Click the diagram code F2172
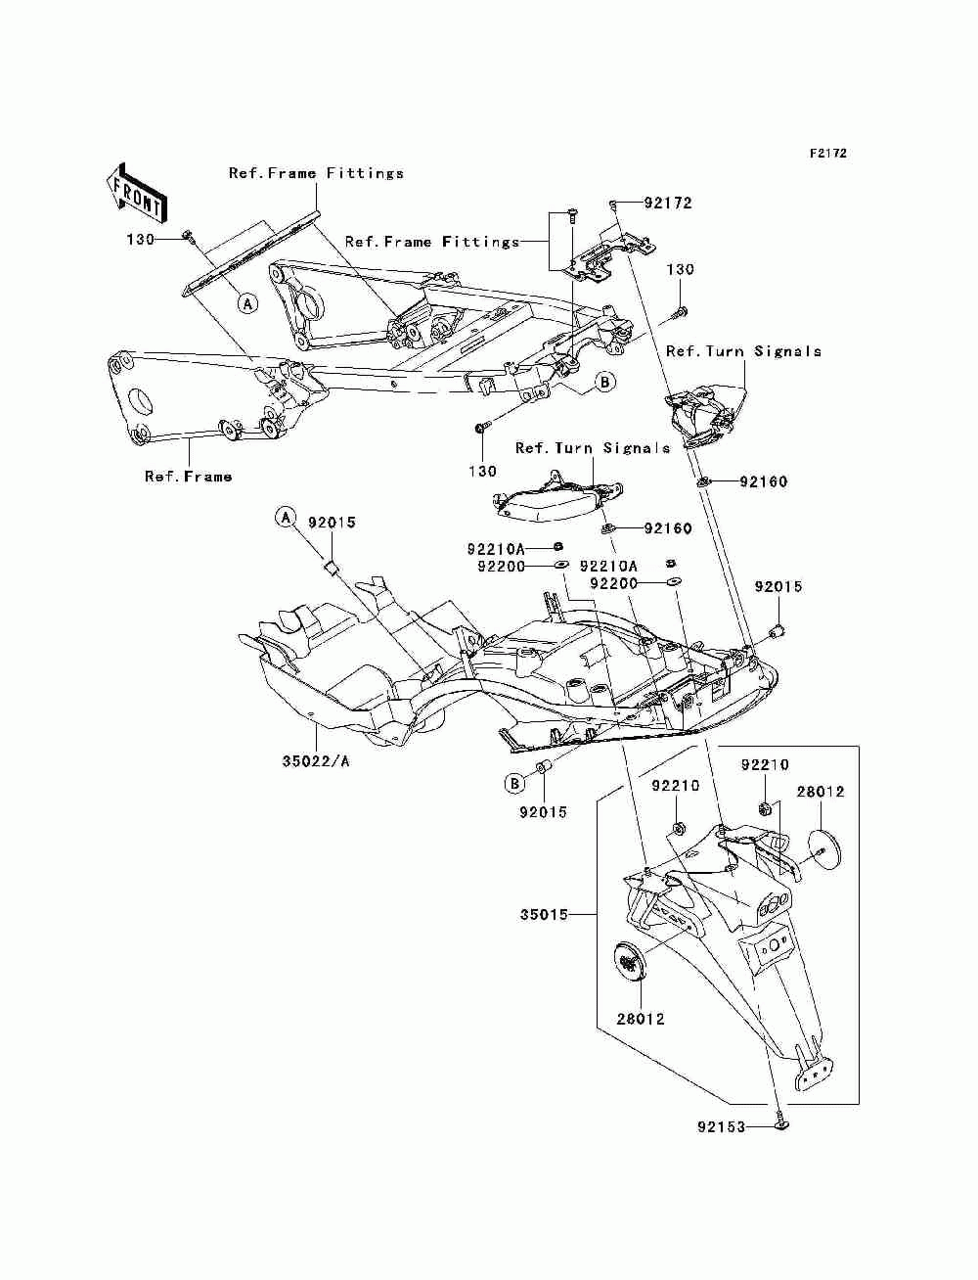pyautogui.click(x=827, y=154)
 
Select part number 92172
pyautogui.click(x=667, y=203)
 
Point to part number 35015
pyautogui.click(x=544, y=914)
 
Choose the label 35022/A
pyautogui.click(x=316, y=761)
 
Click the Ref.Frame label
pyautogui.click(x=188, y=477)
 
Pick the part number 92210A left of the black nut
pyautogui.click(x=496, y=549)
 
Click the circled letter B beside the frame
pyautogui.click(x=604, y=382)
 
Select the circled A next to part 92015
pyautogui.click(x=286, y=517)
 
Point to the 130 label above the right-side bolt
pyautogui.click(x=680, y=269)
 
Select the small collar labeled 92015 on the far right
pyautogui.click(x=778, y=630)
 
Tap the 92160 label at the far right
pyautogui.click(x=764, y=481)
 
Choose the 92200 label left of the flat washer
pyautogui.click(x=501, y=567)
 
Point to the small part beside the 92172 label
pyautogui.click(x=613, y=204)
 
